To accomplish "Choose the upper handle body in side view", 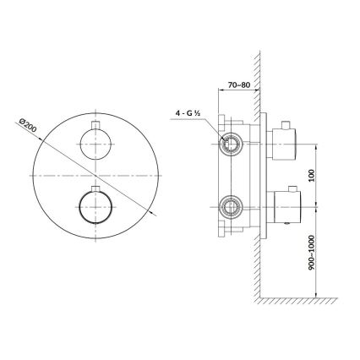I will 284,142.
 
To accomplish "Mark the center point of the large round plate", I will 96,173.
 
